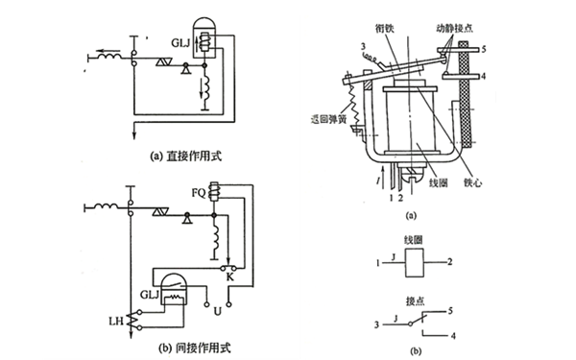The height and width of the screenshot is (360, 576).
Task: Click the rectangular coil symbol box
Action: (x=418, y=260)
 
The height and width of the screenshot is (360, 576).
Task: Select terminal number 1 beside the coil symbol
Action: (x=379, y=260)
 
